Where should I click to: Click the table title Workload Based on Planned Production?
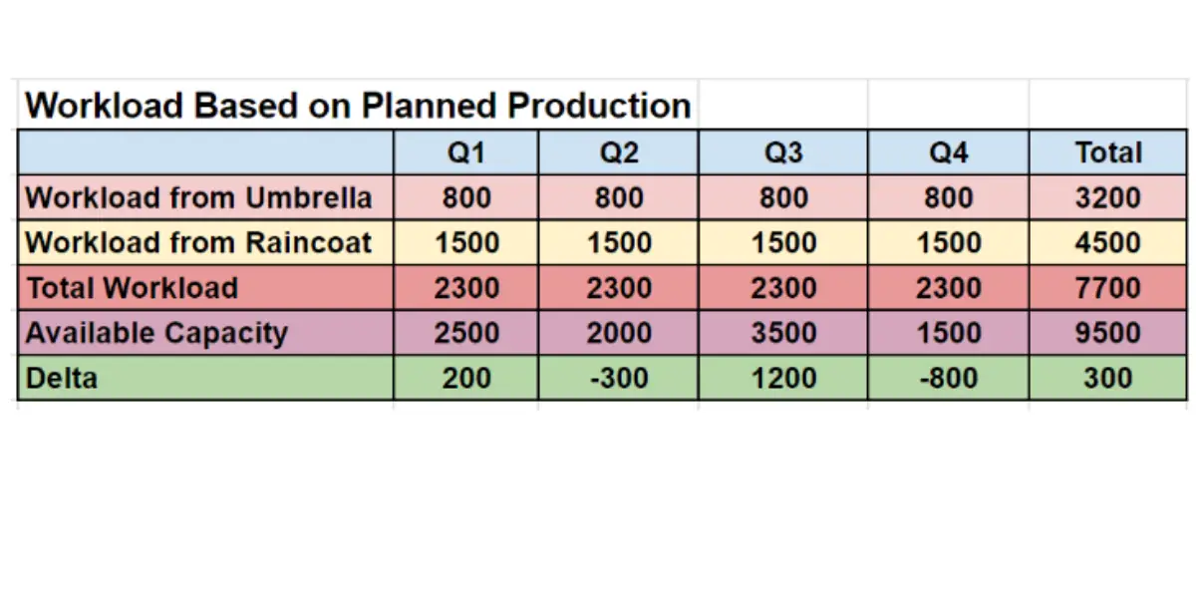point(358,106)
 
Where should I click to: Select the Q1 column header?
point(466,152)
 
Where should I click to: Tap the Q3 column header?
point(783,152)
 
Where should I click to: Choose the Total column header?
point(1108,152)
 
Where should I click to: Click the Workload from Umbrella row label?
point(198,197)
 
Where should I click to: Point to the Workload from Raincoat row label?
point(198,242)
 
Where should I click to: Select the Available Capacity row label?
point(156,333)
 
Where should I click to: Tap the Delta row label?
point(62,378)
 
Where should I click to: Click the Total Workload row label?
point(133,288)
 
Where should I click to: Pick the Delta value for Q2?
point(619,378)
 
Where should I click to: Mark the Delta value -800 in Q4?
point(948,378)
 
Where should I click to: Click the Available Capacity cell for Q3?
point(783,333)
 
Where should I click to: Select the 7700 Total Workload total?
point(1108,288)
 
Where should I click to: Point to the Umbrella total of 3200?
point(1108,197)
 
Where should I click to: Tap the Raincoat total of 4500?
point(1108,242)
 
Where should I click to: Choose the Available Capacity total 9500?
point(1108,333)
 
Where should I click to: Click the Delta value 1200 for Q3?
point(783,378)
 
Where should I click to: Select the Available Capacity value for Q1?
point(466,333)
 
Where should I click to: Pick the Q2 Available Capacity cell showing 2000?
point(619,333)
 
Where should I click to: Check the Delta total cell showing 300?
point(1108,378)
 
